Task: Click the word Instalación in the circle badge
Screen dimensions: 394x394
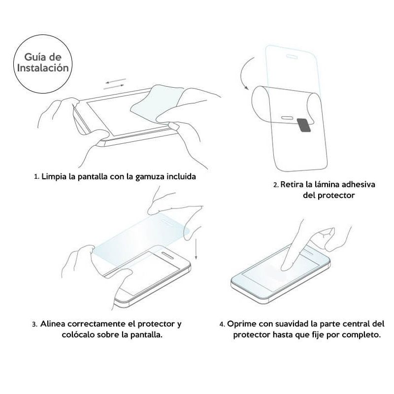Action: pos(43,68)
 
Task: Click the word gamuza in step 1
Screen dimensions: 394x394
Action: pos(151,176)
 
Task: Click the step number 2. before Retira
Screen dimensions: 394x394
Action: pos(276,185)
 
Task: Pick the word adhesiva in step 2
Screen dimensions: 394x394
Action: pos(357,185)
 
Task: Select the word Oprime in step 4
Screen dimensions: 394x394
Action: pos(242,324)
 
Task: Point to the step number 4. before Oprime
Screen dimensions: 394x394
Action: pos(223,325)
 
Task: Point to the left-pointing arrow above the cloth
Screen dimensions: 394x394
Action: pos(116,80)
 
